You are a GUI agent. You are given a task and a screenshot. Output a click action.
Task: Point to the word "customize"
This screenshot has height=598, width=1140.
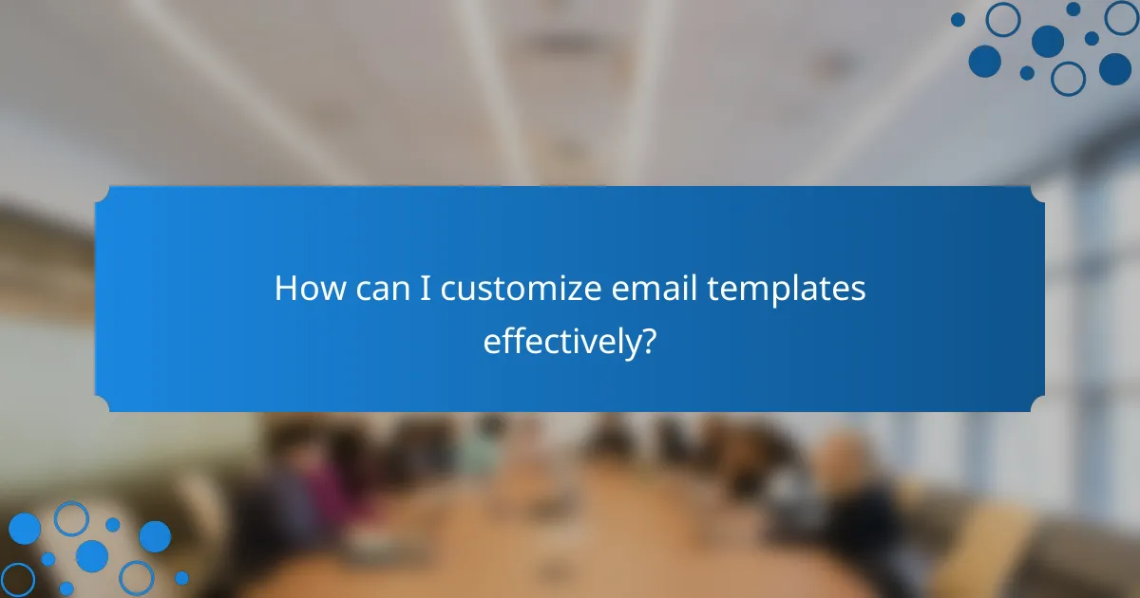click(x=520, y=290)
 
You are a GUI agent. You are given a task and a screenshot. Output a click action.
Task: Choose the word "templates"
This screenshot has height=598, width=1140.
click(x=787, y=290)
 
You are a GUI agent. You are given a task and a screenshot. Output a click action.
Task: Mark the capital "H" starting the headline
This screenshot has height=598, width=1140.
click(x=285, y=289)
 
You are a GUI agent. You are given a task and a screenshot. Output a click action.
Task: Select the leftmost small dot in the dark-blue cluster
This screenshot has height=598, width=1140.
click(x=958, y=19)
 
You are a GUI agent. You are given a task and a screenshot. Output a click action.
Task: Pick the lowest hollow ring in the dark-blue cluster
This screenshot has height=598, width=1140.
click(x=1069, y=78)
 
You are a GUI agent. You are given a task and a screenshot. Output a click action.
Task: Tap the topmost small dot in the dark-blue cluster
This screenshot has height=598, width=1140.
click(x=1073, y=9)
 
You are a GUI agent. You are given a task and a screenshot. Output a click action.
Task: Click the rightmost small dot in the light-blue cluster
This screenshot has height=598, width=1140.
click(x=181, y=577)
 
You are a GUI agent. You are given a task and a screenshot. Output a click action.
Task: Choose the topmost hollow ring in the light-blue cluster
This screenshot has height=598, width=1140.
click(x=70, y=518)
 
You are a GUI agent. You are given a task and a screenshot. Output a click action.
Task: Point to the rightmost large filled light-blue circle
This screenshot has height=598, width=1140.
click(x=155, y=536)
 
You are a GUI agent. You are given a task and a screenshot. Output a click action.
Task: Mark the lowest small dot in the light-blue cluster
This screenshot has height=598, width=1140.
click(x=66, y=589)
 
